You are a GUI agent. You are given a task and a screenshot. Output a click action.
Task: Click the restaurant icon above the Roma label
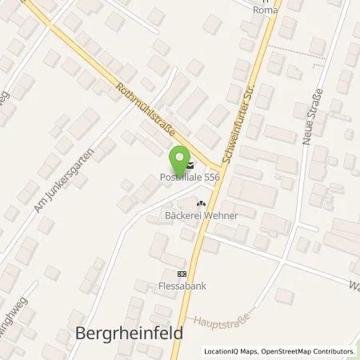258,1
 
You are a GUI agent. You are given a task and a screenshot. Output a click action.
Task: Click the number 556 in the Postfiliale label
211,178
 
